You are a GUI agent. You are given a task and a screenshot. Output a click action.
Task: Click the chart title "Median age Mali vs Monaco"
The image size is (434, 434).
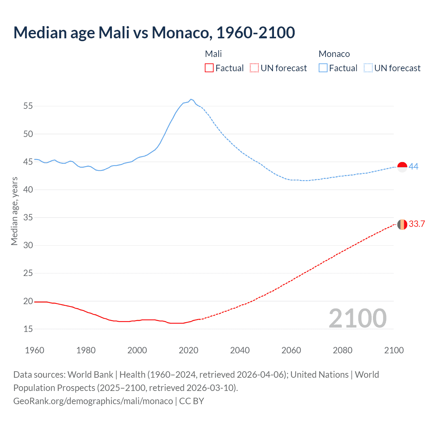pyautogui.click(x=154, y=33)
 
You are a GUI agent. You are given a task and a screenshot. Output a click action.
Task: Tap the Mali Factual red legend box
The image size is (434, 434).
pyautogui.click(x=209, y=68)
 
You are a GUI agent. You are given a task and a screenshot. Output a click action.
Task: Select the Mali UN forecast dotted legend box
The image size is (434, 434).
pyautogui.click(x=254, y=68)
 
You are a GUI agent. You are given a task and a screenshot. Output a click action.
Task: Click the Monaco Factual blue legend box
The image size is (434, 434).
pyautogui.click(x=323, y=68)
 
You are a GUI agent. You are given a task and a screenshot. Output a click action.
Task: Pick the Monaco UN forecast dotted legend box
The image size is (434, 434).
pyautogui.click(x=368, y=68)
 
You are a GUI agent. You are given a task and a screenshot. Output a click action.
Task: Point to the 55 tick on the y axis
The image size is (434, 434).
pyautogui.click(x=28, y=106)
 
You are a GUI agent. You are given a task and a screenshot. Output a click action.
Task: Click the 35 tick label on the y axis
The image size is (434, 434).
pyautogui.click(x=28, y=217)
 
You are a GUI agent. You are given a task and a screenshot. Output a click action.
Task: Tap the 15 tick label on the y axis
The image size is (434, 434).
pyautogui.click(x=28, y=329)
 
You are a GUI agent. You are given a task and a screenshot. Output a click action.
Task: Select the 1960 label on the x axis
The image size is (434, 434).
pyautogui.click(x=35, y=350)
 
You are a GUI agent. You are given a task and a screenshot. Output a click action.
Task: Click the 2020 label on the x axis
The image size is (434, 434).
pyautogui.click(x=189, y=350)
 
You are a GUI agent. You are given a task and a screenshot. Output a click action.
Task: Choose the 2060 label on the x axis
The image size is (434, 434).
pyautogui.click(x=291, y=350)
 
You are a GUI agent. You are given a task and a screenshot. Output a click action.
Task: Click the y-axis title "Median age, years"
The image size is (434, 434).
pyautogui.click(x=14, y=211)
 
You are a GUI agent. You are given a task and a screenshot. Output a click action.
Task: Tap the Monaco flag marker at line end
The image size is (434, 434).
pyautogui.click(x=402, y=167)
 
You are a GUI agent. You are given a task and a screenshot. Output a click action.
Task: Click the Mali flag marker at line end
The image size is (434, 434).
pyautogui.click(x=402, y=224)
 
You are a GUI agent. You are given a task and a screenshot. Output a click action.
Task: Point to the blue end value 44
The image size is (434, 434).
pyautogui.click(x=413, y=166)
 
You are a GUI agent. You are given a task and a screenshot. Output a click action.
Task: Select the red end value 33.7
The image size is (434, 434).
pyautogui.click(x=417, y=224)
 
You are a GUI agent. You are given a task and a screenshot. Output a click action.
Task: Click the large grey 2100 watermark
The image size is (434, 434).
pyautogui.click(x=357, y=318)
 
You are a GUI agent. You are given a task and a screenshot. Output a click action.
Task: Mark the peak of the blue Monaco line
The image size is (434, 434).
pyautogui.click(x=191, y=99)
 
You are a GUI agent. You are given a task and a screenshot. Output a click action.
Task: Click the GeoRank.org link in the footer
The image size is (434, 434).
pyautogui.click(x=93, y=401)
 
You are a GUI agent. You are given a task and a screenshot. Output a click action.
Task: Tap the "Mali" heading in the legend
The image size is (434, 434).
pyautogui.click(x=213, y=54)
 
